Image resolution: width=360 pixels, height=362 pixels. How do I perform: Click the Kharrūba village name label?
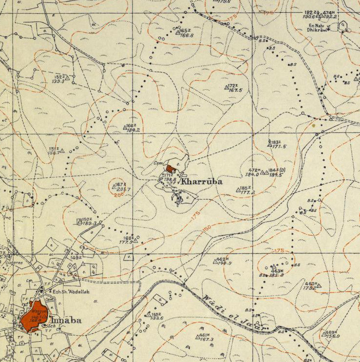(202, 181)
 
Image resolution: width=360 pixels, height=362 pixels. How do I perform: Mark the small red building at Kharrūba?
(170, 168)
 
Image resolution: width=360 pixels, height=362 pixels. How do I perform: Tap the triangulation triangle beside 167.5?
(227, 88)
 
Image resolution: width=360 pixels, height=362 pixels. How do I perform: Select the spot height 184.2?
(133, 130)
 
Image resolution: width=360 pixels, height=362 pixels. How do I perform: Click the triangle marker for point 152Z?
(68, 77)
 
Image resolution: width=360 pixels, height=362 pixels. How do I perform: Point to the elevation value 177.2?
(247, 192)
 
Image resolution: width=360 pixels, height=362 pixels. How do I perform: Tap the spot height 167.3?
(206, 339)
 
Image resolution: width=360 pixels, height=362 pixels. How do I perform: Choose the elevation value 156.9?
(334, 336)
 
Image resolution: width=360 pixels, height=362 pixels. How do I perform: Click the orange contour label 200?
(117, 194)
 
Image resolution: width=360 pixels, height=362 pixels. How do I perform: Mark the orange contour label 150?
(208, 229)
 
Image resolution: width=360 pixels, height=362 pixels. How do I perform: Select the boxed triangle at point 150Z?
(79, 222)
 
